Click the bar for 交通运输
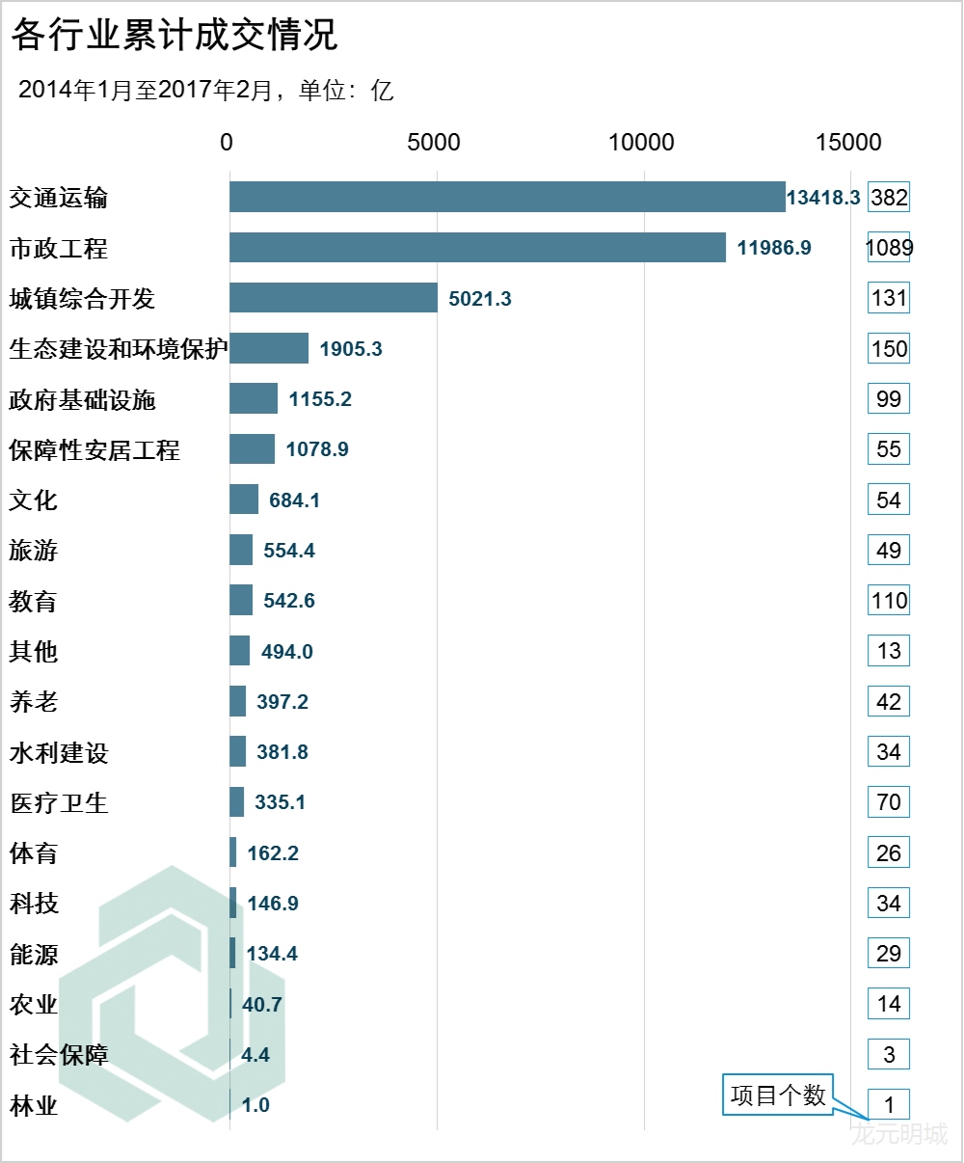pos(507,198)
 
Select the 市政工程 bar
pos(477,248)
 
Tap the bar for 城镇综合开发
pos(334,298)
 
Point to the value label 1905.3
pos(351,349)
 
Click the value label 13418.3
pos(822,198)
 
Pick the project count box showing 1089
pos(889,248)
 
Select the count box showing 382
pos(889,198)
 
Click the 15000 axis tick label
pos(849,143)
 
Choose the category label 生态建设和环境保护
pos(118,349)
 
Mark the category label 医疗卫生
pos(59,802)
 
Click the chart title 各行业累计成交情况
pos(174,36)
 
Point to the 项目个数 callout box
pos(778,1095)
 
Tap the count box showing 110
pos(889,601)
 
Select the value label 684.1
pos(294,500)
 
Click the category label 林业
pos(34,1105)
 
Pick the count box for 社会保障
pos(889,1054)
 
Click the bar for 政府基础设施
pos(254,399)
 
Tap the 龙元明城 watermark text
pos(899,1134)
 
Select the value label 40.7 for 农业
pos(262,1005)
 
